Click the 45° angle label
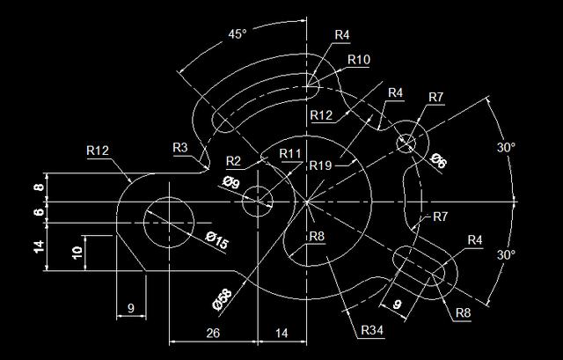237,34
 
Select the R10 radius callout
359,60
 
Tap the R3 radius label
180,146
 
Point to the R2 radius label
232,160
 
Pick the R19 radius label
320,165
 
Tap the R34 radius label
371,330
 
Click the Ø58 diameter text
223,298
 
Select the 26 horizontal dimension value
212,332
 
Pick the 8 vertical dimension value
38,187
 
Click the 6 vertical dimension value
38,212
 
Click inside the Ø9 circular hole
258,202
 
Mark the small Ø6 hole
406,141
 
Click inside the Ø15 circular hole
168,221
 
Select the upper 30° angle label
505,148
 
